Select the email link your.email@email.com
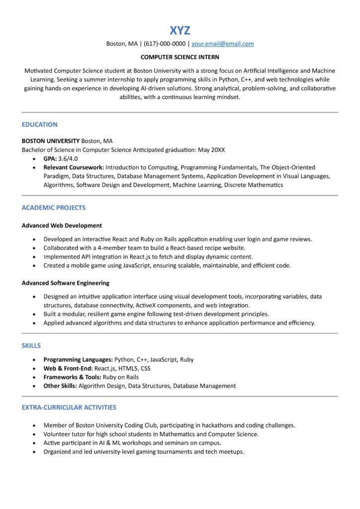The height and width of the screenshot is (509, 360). click(x=222, y=44)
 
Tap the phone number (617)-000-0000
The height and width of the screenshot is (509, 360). click(x=165, y=44)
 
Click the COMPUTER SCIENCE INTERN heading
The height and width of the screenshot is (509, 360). click(x=180, y=57)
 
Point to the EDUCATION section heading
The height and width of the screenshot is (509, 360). click(x=39, y=125)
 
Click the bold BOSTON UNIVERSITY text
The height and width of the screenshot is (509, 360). click(x=50, y=141)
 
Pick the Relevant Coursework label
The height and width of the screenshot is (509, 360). click(x=74, y=168)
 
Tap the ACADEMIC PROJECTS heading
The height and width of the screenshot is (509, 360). click(x=53, y=208)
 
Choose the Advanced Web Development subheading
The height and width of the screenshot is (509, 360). click(x=62, y=226)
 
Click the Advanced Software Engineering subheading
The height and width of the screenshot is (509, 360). click(x=65, y=283)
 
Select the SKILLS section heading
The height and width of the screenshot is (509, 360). click(x=31, y=345)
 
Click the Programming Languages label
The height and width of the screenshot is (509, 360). click(x=78, y=359)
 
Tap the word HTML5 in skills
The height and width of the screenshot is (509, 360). click(x=128, y=368)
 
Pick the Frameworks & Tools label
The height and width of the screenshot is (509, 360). click(x=73, y=377)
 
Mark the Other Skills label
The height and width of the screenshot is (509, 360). click(x=60, y=386)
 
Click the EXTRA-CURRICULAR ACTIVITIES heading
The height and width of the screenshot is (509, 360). click(x=69, y=408)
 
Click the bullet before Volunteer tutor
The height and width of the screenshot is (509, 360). click(x=34, y=434)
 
